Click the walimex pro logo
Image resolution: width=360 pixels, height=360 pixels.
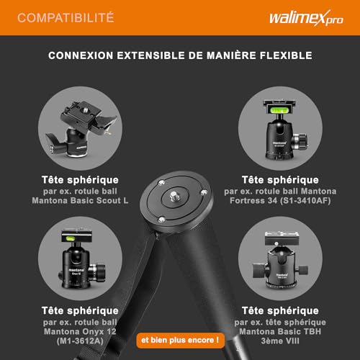(306, 18)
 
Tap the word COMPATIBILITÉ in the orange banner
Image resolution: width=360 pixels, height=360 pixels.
(66, 18)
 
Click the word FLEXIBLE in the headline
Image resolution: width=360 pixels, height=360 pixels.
(286, 55)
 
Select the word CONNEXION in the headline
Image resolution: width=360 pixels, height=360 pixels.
(81, 55)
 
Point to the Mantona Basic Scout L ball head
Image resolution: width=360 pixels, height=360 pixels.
(81, 129)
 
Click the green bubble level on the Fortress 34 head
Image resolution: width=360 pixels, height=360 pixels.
(279, 110)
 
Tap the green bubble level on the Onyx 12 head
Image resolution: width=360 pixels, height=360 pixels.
(70, 238)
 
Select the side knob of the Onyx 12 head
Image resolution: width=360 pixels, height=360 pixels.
(98, 273)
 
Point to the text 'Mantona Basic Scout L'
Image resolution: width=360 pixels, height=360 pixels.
(80, 201)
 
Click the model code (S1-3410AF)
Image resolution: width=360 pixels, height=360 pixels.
(305, 201)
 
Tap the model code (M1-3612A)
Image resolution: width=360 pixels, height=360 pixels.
(80, 341)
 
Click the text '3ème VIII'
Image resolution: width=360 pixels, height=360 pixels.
(280, 341)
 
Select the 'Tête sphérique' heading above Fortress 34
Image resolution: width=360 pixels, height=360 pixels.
(280, 180)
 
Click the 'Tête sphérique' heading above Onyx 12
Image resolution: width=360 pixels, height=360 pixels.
(80, 311)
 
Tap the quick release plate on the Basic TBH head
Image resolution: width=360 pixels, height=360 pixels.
(282, 238)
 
